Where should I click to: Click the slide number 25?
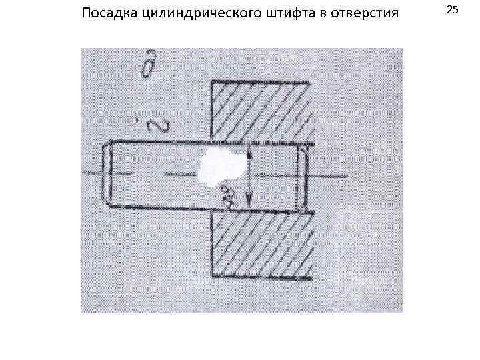pos(453,10)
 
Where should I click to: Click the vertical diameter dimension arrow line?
pos(248,177)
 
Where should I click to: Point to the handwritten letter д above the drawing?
pos(148,67)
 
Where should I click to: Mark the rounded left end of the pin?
pos(106,176)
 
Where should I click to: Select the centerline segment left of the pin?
pos(89,175)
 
